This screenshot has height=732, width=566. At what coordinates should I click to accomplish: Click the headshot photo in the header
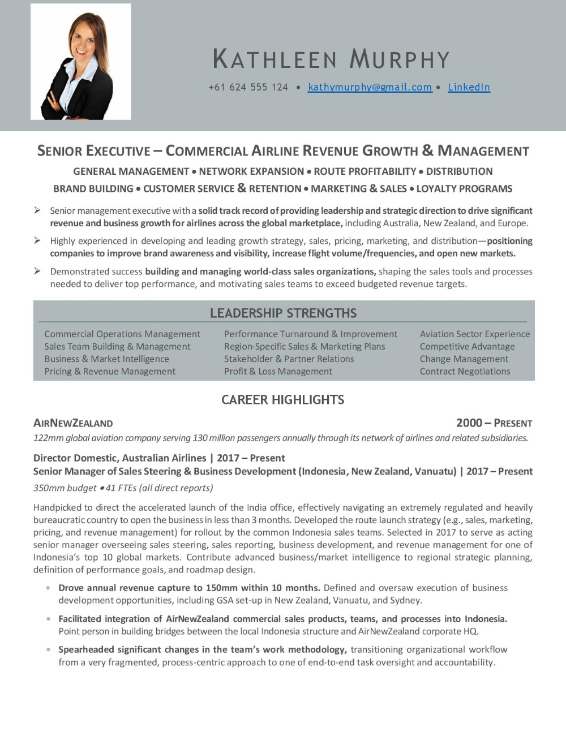(x=80, y=62)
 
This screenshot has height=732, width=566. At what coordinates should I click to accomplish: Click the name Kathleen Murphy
(x=331, y=59)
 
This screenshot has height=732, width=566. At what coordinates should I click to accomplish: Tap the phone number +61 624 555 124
(x=248, y=87)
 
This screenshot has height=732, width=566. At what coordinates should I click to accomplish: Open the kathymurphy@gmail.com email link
(x=370, y=87)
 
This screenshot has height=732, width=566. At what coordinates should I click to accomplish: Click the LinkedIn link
(x=469, y=87)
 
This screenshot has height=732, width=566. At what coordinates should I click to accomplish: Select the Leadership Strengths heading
(x=283, y=313)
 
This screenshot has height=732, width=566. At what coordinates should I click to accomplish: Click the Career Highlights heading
(x=282, y=399)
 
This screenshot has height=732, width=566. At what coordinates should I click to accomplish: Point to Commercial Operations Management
(x=122, y=334)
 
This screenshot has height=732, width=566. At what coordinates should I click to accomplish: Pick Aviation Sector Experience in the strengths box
(x=474, y=334)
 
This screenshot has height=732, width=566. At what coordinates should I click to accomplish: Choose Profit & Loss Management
(x=278, y=372)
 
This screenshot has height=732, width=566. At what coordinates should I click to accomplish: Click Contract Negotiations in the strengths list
(x=465, y=372)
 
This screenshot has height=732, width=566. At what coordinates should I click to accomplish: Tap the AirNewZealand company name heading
(x=73, y=423)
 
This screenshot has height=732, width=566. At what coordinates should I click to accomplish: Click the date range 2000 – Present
(x=494, y=423)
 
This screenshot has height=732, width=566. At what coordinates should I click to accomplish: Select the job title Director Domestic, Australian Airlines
(x=120, y=458)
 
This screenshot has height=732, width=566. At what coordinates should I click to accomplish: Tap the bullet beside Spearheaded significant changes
(x=49, y=649)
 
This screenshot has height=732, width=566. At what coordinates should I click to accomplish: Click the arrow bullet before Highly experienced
(x=37, y=241)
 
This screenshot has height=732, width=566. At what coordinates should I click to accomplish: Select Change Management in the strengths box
(x=464, y=359)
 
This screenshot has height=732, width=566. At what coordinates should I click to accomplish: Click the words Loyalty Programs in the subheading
(x=464, y=189)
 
